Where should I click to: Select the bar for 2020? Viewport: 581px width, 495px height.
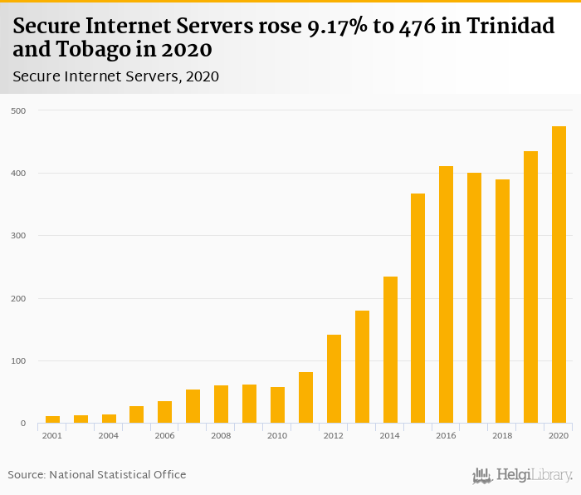coord(559,275)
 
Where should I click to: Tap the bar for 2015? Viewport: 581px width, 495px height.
coord(417,308)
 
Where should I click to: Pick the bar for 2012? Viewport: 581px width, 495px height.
coord(334,379)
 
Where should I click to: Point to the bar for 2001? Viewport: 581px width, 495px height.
coord(52,419)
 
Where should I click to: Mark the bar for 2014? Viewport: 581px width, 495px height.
coord(390,350)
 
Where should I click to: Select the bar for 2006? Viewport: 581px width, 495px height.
coord(164,412)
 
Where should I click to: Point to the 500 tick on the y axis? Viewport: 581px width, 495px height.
coord(18,110)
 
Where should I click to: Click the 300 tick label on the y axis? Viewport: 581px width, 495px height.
coord(18,236)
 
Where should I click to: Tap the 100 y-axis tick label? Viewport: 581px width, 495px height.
coord(18,361)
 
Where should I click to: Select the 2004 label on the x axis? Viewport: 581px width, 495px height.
coord(109,435)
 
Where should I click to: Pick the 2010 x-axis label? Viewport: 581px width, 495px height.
coord(277,435)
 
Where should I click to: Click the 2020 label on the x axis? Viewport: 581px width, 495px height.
coord(559,435)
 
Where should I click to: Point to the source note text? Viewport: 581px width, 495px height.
coord(97,474)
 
